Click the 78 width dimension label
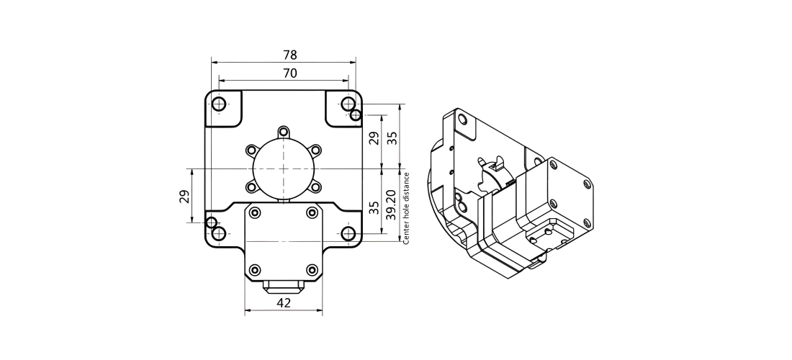tap(290, 55)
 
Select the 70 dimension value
tap(290, 73)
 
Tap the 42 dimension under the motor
tap(284, 302)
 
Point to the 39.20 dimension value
tap(390, 205)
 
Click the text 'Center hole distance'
tap(406, 208)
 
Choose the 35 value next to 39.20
tap(374, 207)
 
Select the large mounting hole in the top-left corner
tap(219, 104)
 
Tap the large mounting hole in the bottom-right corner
tap(348, 233)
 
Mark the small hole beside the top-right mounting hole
tap(356, 115)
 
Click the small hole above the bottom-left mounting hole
tap(212, 222)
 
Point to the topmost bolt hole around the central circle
tap(284, 132)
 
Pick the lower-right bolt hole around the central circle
tap(315, 187)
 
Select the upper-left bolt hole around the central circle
tap(251, 150)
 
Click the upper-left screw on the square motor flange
tap(255, 212)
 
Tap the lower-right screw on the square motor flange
tap(312, 269)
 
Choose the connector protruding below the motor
tap(284, 287)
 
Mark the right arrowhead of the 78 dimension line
tap(353, 63)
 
